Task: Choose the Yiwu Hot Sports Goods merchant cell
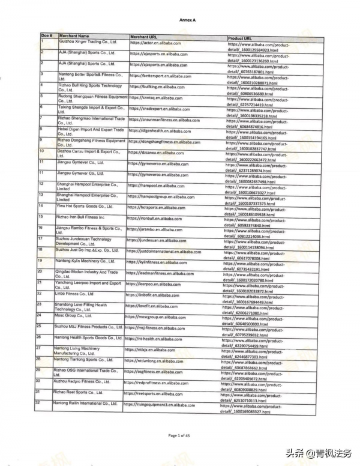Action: [85, 206]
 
